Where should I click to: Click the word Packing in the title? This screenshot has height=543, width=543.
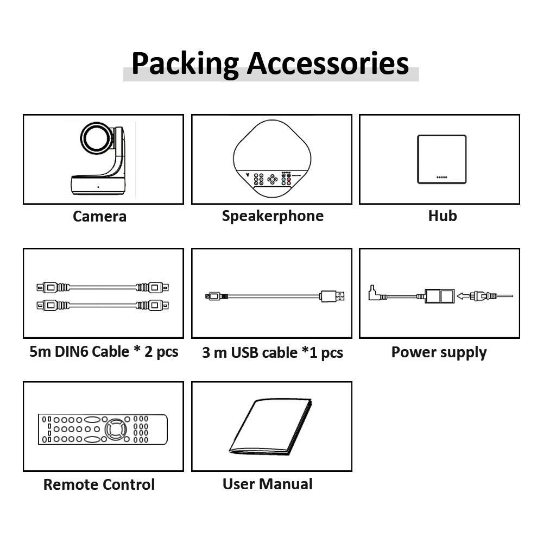(x=185, y=63)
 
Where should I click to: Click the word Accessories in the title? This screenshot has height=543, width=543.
(x=328, y=63)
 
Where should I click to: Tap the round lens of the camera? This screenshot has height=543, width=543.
(x=96, y=139)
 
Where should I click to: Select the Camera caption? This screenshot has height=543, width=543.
(x=99, y=216)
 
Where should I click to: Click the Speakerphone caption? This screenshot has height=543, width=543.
(x=273, y=216)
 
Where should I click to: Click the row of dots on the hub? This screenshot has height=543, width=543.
(x=441, y=177)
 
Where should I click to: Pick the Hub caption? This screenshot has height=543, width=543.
(x=442, y=216)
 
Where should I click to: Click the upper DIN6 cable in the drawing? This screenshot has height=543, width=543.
(x=103, y=286)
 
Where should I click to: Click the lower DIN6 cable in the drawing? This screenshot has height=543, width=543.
(x=103, y=305)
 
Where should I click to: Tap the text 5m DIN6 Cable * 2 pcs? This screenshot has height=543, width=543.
(x=104, y=351)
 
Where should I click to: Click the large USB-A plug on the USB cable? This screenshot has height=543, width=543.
(x=332, y=296)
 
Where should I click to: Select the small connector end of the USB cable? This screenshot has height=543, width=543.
(x=213, y=296)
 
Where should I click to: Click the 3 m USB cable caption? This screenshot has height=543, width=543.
(x=273, y=353)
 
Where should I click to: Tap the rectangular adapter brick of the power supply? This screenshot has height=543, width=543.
(x=440, y=296)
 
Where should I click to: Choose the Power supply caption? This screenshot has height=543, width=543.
(x=439, y=352)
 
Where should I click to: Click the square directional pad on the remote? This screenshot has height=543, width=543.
(x=115, y=430)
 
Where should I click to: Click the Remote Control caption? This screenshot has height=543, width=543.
(x=99, y=484)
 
